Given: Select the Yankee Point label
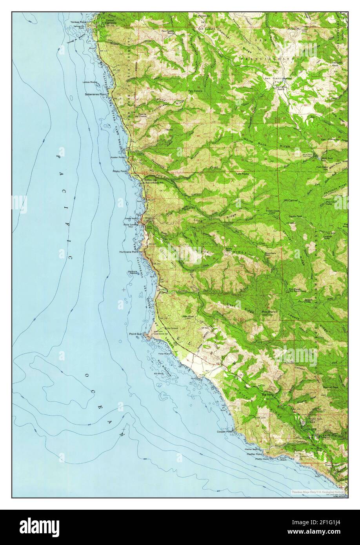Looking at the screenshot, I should (x=78, y=22).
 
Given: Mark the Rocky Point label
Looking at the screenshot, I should (x=120, y=171).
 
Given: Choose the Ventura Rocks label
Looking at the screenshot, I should (x=131, y=272).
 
